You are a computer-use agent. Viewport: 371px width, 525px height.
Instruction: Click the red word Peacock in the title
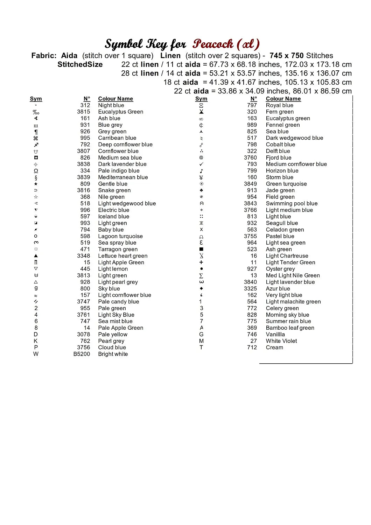[x=213, y=44]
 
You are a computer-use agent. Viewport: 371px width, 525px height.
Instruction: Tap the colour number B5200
[x=82, y=354]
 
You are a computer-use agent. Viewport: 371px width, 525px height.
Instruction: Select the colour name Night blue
[x=111, y=105]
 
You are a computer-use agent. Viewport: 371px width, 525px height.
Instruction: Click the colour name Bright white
[x=113, y=354]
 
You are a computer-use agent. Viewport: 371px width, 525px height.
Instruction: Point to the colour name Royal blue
[x=279, y=105]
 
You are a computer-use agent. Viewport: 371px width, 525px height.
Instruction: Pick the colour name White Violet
[x=281, y=341]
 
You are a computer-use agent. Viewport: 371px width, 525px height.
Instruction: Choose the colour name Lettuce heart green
[x=122, y=256]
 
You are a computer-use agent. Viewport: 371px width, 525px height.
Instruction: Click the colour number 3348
[x=83, y=256]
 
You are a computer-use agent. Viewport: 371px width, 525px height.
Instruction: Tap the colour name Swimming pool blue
[x=292, y=203]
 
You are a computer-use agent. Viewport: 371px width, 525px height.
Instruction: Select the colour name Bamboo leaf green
[x=290, y=328]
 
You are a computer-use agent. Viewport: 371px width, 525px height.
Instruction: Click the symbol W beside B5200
[x=36, y=354]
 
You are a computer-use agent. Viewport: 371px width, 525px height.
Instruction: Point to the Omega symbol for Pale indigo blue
[x=36, y=171]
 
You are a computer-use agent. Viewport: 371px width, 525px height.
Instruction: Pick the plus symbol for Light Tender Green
[x=201, y=262]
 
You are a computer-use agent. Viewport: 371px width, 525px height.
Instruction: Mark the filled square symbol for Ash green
[x=201, y=249]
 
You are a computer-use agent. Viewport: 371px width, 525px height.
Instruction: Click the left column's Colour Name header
[x=115, y=99]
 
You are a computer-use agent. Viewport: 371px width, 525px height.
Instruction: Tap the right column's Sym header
[x=201, y=99]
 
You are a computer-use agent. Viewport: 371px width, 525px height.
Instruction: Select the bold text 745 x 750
[x=286, y=56]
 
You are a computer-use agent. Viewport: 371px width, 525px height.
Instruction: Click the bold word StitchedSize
[x=80, y=64]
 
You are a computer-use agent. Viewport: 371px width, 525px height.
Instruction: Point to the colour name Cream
[x=274, y=348]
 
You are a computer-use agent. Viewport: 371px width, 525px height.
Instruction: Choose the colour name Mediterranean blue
[x=123, y=177]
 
